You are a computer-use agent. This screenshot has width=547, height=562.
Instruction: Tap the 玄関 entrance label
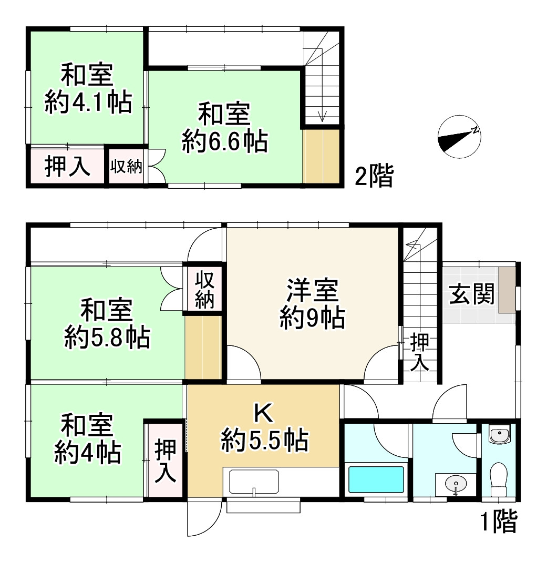[471, 295]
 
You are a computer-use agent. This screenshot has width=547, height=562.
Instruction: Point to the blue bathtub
[376, 478]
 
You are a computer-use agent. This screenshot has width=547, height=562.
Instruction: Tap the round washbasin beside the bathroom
[455, 482]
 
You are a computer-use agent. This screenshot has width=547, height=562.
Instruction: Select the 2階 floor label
[374, 177]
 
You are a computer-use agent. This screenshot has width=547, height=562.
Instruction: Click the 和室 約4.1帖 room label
[87, 89]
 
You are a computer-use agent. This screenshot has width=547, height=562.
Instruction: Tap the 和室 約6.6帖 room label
[224, 128]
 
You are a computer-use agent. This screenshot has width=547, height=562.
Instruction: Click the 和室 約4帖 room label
[87, 439]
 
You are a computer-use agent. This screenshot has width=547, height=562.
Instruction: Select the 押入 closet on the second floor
[67, 167]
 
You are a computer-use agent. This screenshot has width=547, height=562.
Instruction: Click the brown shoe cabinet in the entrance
[507, 290]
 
